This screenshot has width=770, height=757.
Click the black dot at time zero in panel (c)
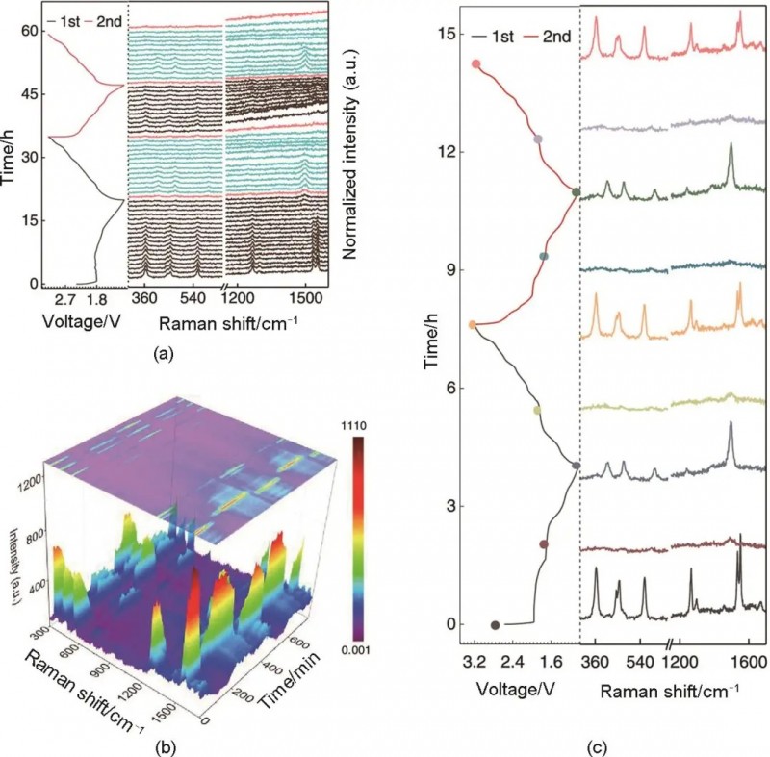(495, 625)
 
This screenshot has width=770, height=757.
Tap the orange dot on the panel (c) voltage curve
(473, 325)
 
